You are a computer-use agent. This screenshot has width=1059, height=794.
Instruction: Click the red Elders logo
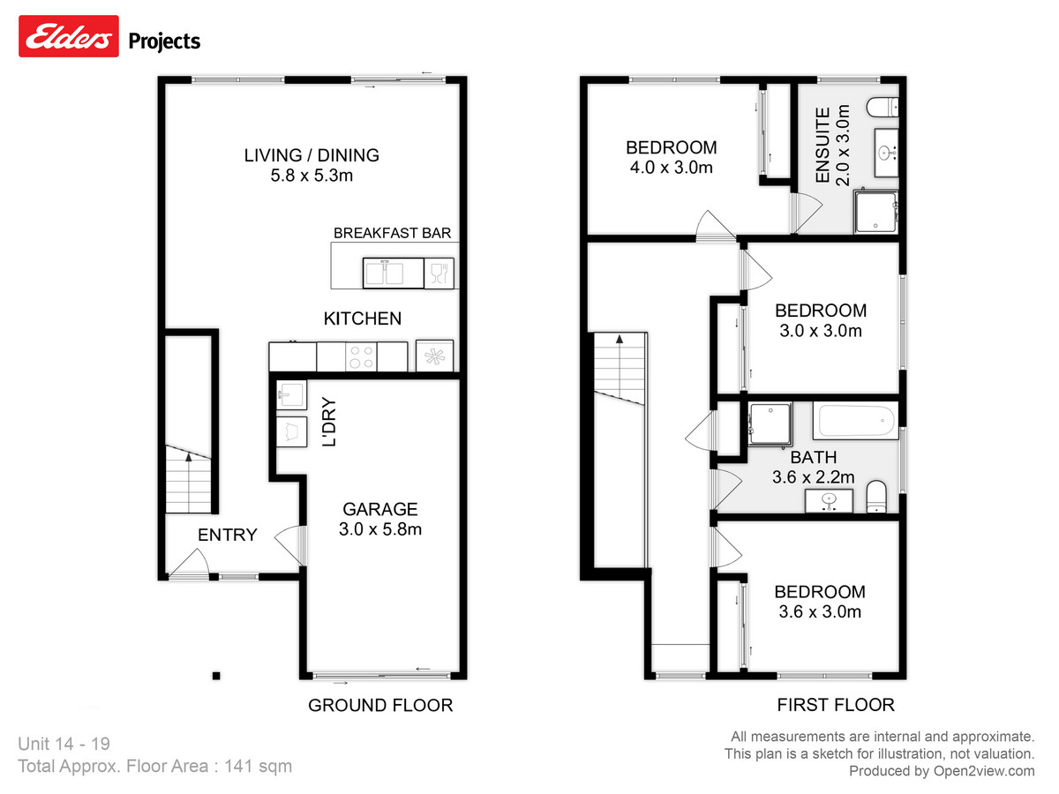coord(69,38)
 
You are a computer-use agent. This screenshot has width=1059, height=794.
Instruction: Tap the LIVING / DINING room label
coord(312,155)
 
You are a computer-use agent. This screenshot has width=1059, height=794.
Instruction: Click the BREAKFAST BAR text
coord(392,234)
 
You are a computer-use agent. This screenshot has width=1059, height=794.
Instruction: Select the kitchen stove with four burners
coord(362,356)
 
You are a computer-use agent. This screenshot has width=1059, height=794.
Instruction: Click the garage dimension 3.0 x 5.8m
coord(379,529)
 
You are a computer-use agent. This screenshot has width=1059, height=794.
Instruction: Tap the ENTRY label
coord(227,535)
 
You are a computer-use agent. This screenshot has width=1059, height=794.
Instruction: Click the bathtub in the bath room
coord(856,421)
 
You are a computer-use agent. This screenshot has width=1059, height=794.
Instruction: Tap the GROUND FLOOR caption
coord(379,705)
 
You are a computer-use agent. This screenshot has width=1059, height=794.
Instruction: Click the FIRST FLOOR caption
coord(835,705)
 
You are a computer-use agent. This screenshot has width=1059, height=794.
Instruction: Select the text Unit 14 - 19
coord(64,744)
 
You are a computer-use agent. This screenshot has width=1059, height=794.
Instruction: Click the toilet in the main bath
coord(875,497)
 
